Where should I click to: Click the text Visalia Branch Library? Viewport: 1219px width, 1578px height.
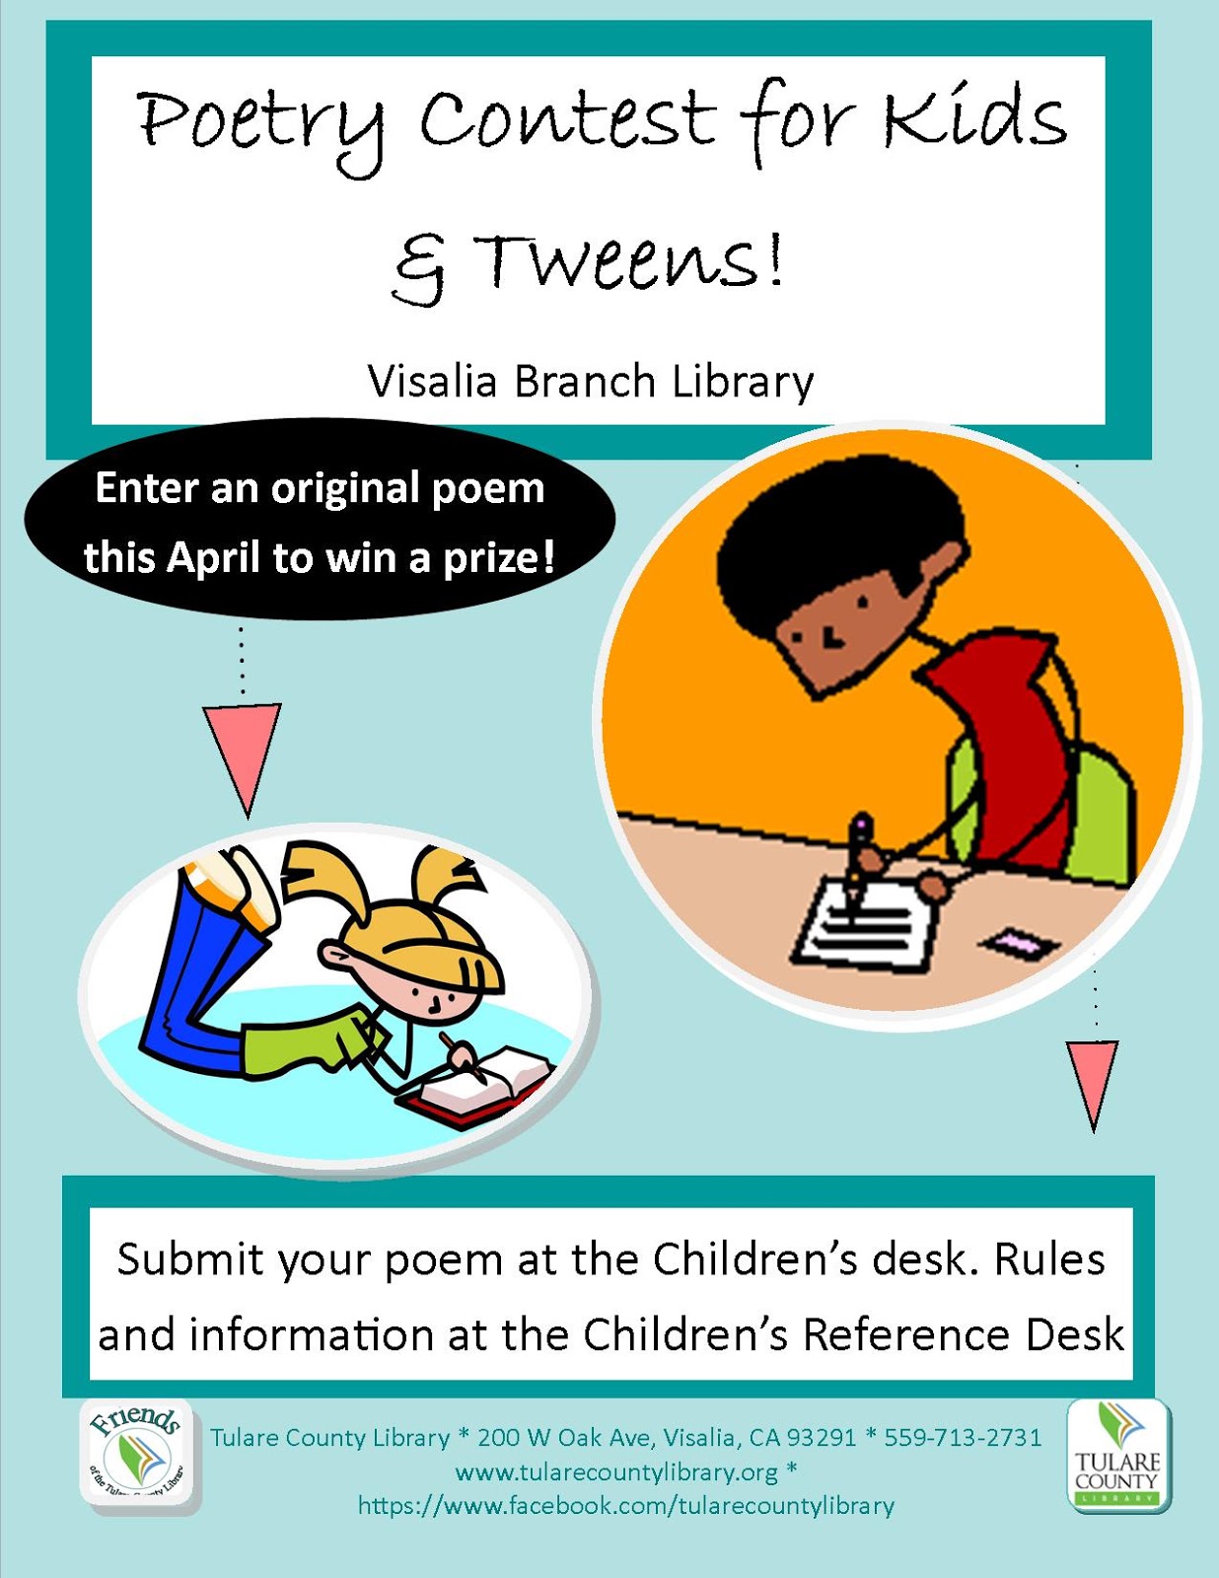[x=591, y=382]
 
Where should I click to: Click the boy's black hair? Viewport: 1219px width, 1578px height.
[x=838, y=533]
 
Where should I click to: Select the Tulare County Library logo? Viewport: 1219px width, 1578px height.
[x=1118, y=1456]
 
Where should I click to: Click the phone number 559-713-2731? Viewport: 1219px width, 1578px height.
[x=963, y=1437]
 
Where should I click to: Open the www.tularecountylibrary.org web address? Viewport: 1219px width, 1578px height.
[x=617, y=1471]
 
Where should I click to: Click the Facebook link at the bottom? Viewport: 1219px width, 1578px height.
[x=626, y=1506]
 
